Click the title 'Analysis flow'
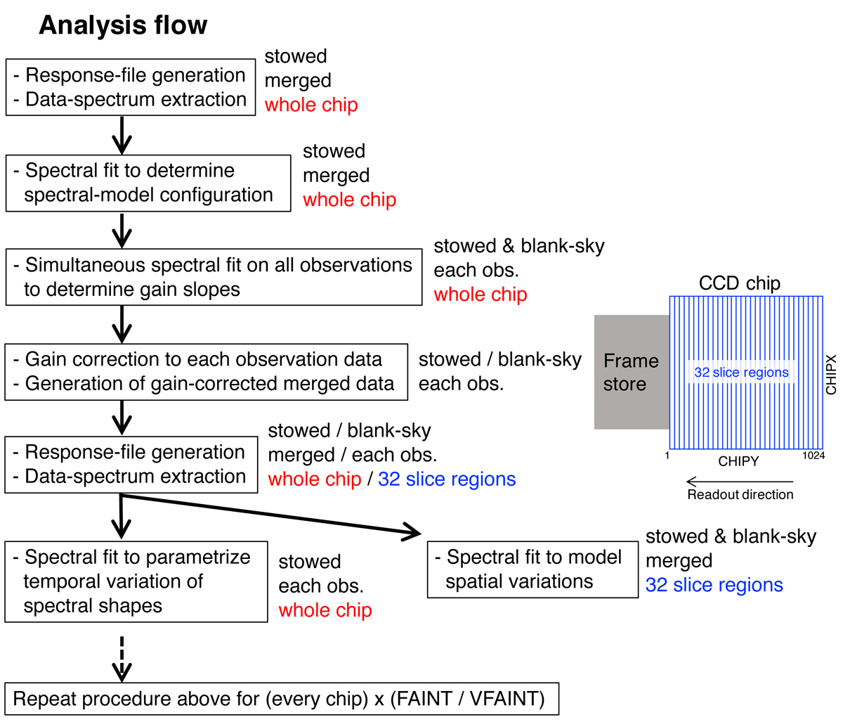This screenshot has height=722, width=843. tap(123, 26)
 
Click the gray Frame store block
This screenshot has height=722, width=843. tap(631, 372)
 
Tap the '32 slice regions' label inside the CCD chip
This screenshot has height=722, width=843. tap(741, 373)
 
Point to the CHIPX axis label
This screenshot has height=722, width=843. tap(831, 374)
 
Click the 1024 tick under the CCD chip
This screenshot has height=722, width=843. tap(813, 456)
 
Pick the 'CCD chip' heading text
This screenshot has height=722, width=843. tap(739, 283)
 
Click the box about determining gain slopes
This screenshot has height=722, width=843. tap(214, 277)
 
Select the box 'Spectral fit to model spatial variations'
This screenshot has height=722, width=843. tap(532, 569)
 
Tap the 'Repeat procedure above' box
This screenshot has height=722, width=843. tap(282, 699)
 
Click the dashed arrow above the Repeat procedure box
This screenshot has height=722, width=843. tap(122, 657)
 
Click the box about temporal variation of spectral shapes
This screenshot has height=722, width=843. tap(136, 581)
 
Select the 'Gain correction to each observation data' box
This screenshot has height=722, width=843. tap(206, 372)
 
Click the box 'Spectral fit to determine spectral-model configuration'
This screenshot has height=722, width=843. tap(148, 183)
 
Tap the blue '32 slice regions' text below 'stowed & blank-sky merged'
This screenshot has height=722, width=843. tap(714, 585)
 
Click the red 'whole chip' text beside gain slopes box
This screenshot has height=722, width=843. tap(480, 295)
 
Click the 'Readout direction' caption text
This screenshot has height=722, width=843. tap(740, 495)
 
